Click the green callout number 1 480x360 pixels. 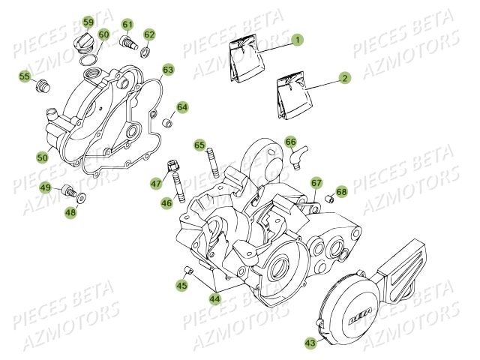pyautogui.click(x=298, y=39)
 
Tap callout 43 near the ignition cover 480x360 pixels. pyautogui.click(x=310, y=342)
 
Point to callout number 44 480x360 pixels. pyautogui.click(x=215, y=299)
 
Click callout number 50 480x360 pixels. pyautogui.click(x=42, y=157)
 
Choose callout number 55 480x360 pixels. pyautogui.click(x=25, y=76)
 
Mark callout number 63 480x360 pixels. pyautogui.click(x=168, y=70)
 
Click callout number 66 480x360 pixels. pyautogui.click(x=290, y=141)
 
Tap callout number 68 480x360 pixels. pyautogui.click(x=341, y=193)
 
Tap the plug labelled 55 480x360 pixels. pyautogui.click(x=42, y=85)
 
